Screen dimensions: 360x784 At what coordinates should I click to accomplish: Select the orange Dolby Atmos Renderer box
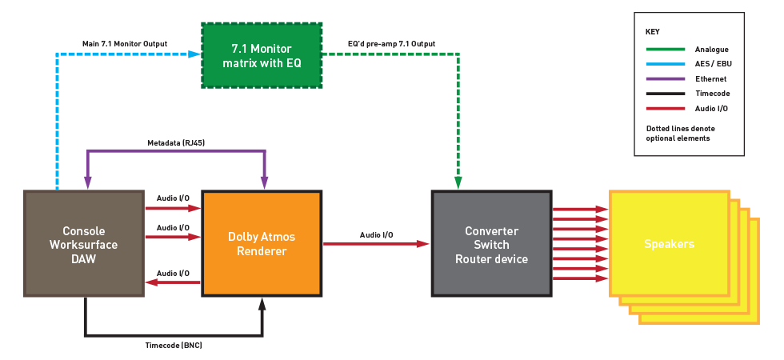point(262,242)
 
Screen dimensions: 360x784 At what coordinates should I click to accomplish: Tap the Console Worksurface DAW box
point(84,243)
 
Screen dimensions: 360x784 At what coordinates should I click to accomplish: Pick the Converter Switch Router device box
point(491,245)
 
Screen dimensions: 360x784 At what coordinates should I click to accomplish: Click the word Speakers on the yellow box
point(669,243)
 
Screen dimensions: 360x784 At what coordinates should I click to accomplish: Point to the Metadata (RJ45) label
point(174,143)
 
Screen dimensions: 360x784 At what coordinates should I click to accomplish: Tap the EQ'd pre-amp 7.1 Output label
point(391,43)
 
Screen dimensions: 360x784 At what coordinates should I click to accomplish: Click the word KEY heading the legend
point(653,32)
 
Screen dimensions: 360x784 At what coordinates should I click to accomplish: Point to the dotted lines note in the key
point(681,134)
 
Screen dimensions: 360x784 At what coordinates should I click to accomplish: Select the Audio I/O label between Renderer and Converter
point(376,234)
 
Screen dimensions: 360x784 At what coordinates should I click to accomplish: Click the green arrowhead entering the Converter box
point(458,183)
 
